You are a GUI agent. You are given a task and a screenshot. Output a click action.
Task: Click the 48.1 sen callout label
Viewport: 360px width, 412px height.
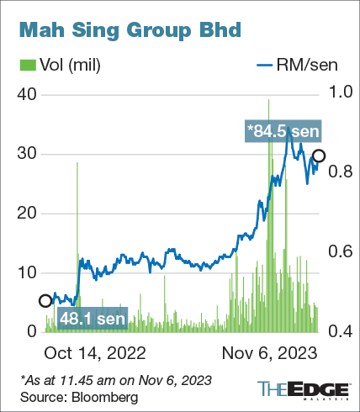tap(93, 318)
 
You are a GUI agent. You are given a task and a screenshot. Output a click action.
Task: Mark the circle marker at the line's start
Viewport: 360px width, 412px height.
tap(45, 300)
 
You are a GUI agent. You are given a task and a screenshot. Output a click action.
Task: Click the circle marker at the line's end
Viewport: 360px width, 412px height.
tap(319, 155)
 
